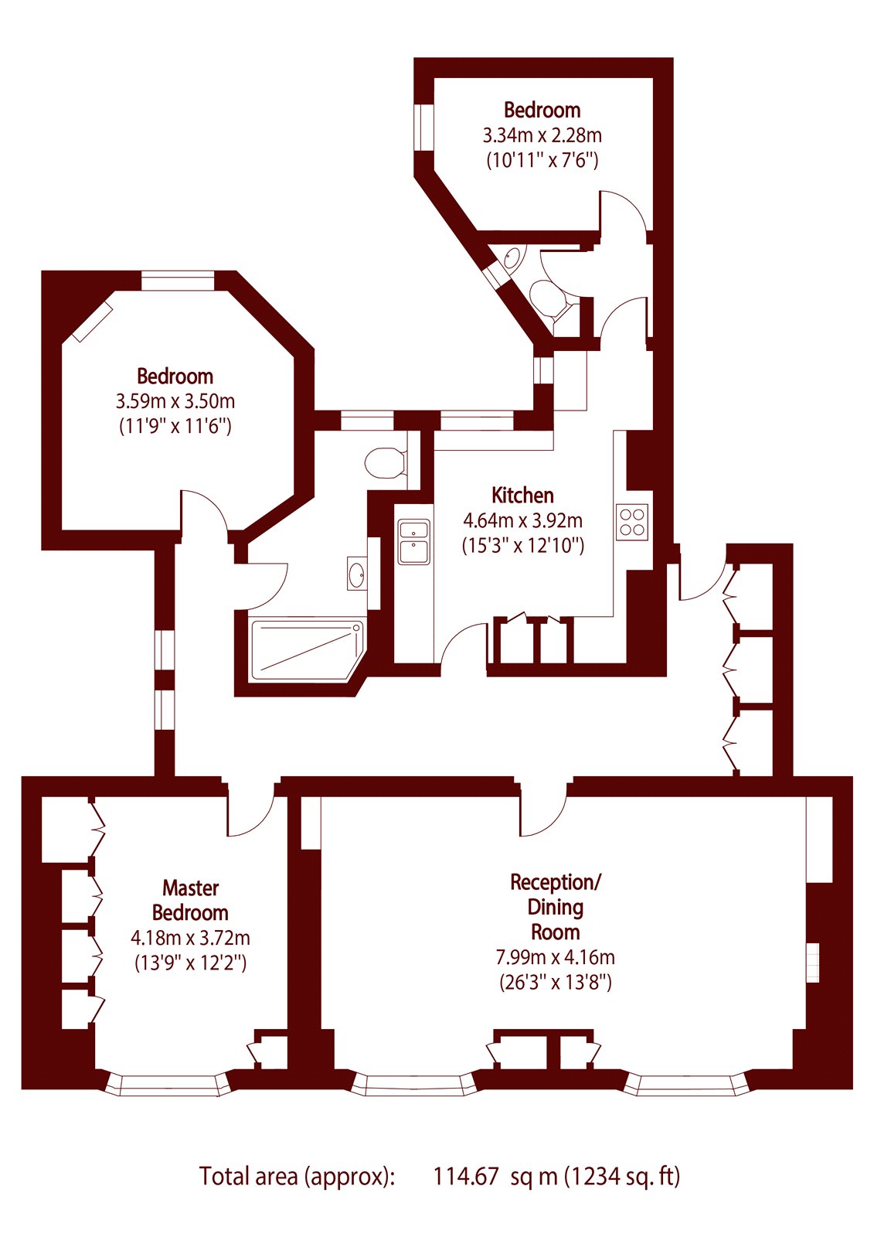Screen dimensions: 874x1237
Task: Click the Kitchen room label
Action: pyautogui.click(x=522, y=496)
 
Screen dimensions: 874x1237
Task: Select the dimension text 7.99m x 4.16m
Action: pyautogui.click(x=555, y=957)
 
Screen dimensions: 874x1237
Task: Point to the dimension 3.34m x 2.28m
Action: pyautogui.click(x=542, y=135)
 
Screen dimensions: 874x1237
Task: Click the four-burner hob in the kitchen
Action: pyautogui.click(x=631, y=522)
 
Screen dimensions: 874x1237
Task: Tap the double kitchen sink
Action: pyautogui.click(x=413, y=541)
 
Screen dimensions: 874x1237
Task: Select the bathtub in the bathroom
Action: pyautogui.click(x=307, y=650)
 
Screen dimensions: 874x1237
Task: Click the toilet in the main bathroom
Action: pyautogui.click(x=385, y=462)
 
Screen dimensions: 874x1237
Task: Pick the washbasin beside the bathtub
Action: pyautogui.click(x=357, y=574)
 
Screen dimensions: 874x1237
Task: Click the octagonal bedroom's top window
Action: pyautogui.click(x=177, y=280)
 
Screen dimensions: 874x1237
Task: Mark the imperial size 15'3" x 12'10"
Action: pyautogui.click(x=523, y=546)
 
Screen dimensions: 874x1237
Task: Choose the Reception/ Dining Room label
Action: pyautogui.click(x=555, y=908)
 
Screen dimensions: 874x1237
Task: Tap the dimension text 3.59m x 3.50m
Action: pyautogui.click(x=175, y=401)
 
